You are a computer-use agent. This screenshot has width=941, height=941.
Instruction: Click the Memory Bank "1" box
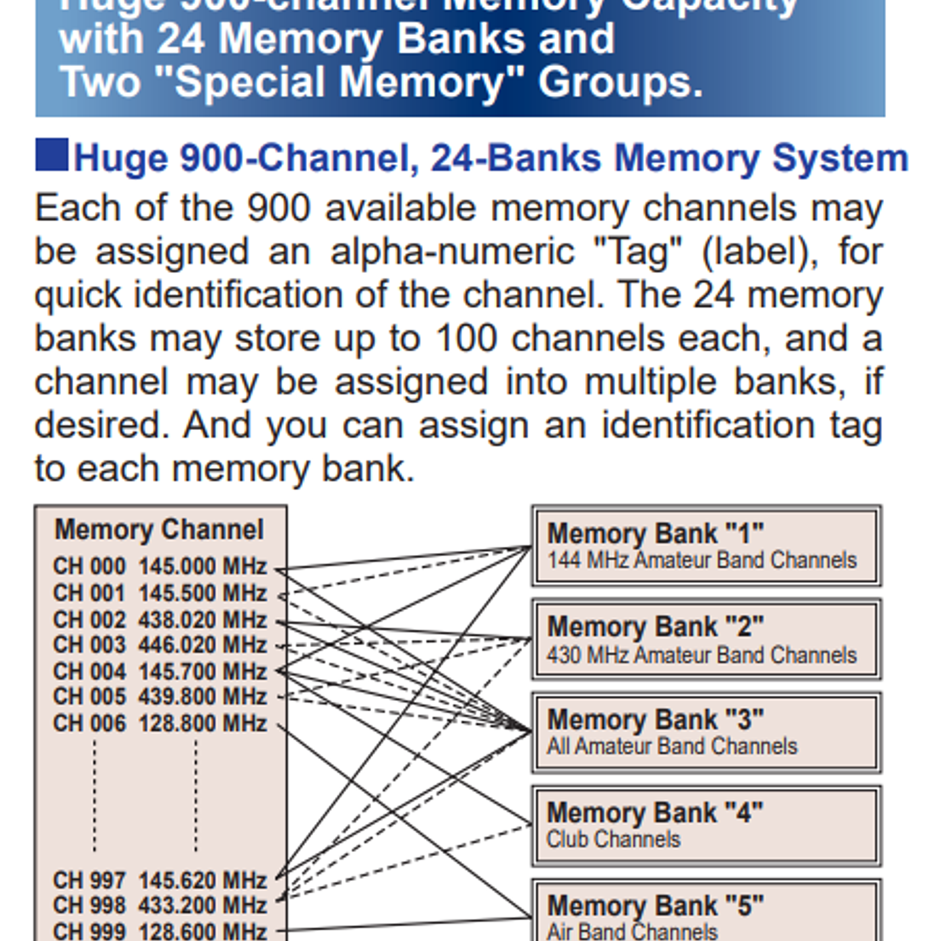[706, 546]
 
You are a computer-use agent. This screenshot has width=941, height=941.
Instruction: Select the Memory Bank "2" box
[706, 639]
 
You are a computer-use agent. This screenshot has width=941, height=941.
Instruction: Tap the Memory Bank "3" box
[706, 732]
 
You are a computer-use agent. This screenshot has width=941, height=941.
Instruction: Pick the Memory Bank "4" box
[706, 825]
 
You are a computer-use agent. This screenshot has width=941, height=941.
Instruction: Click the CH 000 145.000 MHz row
[160, 567]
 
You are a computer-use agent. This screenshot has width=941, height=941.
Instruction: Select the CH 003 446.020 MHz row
[160, 646]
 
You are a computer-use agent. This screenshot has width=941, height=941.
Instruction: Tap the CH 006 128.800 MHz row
[160, 724]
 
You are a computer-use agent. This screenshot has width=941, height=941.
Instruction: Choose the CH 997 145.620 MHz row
[160, 881]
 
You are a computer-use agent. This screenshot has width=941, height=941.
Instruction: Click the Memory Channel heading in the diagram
[159, 530]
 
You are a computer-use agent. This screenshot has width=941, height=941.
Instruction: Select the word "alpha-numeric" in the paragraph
[452, 252]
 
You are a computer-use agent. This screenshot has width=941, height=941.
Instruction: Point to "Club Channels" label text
[613, 840]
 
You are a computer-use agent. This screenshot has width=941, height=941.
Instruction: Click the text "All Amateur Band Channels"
[672, 747]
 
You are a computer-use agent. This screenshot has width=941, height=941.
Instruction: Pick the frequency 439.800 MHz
[202, 698]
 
